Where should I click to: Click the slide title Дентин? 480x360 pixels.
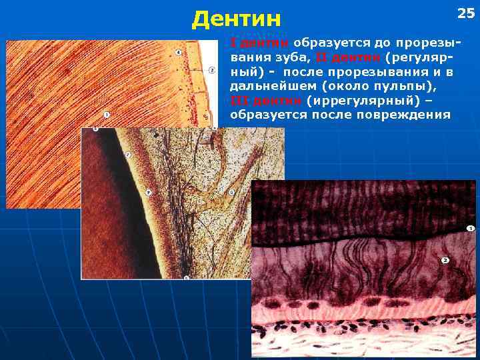(x=236, y=19)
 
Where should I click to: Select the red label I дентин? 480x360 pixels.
(x=260, y=43)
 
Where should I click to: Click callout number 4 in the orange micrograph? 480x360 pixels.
(x=178, y=52)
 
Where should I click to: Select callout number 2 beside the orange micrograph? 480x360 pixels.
(x=211, y=69)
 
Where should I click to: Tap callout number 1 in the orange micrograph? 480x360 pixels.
(x=107, y=114)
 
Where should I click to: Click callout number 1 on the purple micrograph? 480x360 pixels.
(x=470, y=229)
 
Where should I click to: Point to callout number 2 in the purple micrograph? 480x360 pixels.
(x=445, y=260)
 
